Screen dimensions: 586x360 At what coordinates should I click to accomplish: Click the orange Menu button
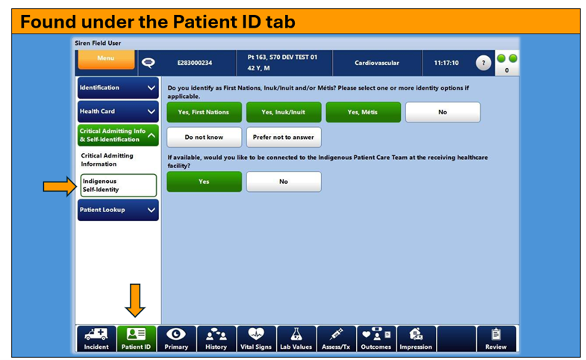click(x=106, y=60)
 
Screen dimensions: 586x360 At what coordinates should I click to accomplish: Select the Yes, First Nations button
click(x=204, y=112)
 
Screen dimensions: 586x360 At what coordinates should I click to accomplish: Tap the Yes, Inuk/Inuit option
click(x=284, y=112)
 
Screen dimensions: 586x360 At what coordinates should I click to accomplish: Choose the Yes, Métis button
click(x=364, y=112)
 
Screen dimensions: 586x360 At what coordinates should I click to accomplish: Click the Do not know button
click(x=204, y=137)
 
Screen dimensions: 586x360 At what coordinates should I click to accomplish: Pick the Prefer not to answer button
click(x=284, y=137)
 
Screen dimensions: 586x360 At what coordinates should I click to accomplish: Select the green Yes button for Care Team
click(x=204, y=181)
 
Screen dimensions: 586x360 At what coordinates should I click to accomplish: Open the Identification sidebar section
click(x=118, y=88)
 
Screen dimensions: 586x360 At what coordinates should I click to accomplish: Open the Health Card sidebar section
click(x=118, y=111)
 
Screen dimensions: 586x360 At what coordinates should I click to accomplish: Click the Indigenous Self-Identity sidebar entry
click(x=119, y=185)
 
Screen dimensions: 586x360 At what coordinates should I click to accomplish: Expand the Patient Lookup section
click(x=118, y=210)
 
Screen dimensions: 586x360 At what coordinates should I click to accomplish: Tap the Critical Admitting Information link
click(x=107, y=160)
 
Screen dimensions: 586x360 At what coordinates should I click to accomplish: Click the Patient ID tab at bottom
click(x=136, y=338)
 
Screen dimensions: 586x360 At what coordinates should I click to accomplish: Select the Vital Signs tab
click(x=256, y=338)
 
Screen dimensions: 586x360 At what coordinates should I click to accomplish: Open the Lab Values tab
click(x=296, y=338)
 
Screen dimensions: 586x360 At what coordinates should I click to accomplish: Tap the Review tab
click(x=496, y=338)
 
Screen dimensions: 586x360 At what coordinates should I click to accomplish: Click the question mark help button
click(x=483, y=63)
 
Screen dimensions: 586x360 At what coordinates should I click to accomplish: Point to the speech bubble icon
click(x=149, y=63)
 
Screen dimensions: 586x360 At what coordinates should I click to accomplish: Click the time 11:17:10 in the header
click(x=446, y=63)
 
